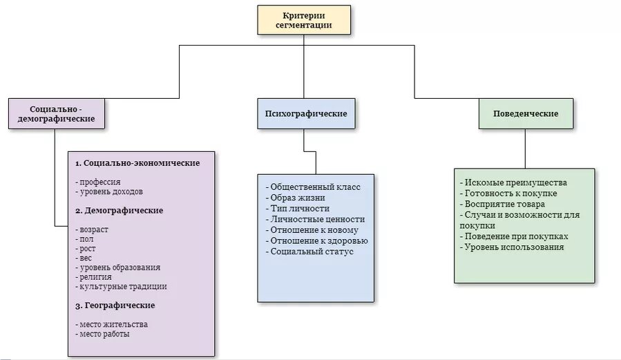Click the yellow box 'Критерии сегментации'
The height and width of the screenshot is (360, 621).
click(x=304, y=20)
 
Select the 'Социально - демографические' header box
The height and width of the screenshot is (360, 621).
click(x=56, y=114)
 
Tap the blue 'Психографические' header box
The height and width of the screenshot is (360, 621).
click(x=306, y=113)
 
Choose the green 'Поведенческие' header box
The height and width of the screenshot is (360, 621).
click(x=526, y=113)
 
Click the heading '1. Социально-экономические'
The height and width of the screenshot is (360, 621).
click(x=137, y=163)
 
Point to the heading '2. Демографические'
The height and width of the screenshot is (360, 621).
click(x=120, y=211)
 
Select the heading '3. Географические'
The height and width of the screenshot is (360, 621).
click(x=115, y=305)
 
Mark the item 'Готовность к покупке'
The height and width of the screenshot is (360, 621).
click(x=511, y=193)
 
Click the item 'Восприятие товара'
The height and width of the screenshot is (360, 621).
click(x=505, y=204)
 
